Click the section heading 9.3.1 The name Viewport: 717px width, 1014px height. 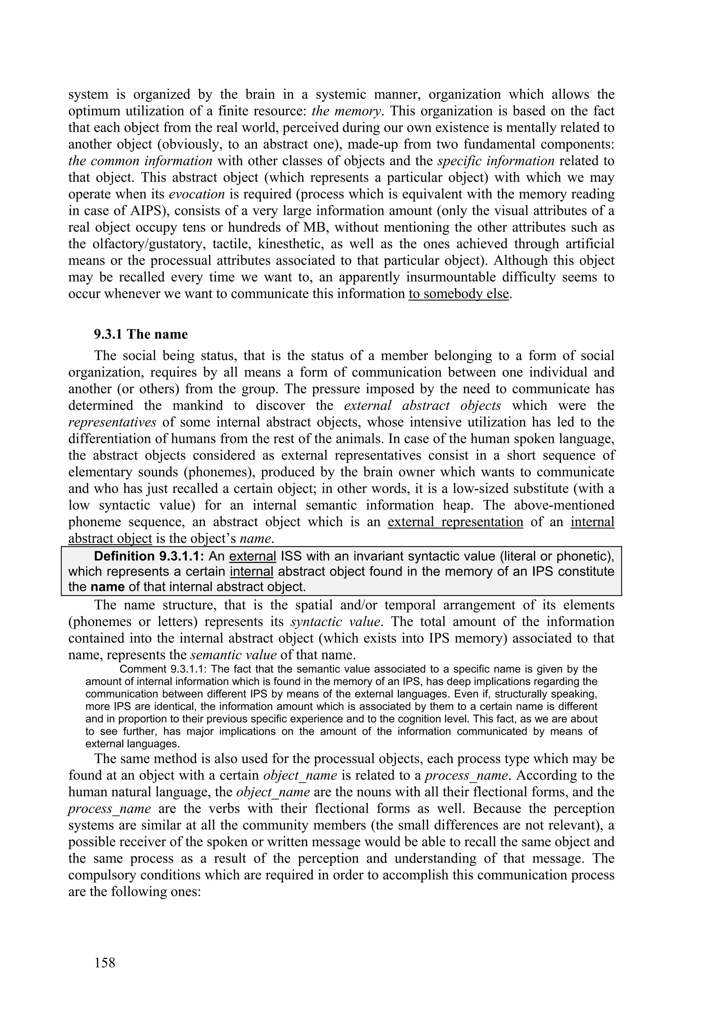click(140, 334)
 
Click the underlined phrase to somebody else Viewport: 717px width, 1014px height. click(459, 294)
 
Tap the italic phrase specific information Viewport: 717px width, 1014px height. click(496, 161)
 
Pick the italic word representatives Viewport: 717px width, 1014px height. click(112, 422)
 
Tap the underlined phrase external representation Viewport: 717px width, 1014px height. click(455, 522)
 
